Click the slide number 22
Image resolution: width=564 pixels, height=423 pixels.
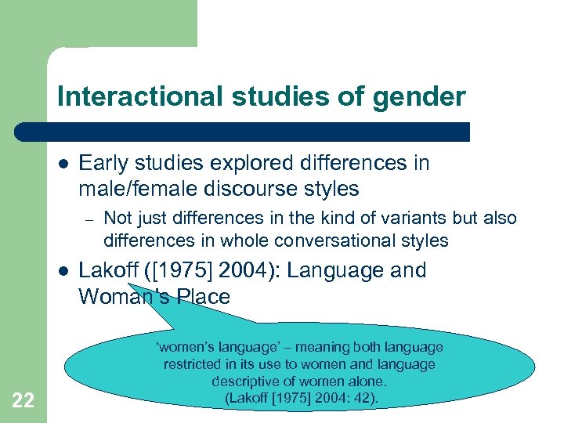(x=23, y=400)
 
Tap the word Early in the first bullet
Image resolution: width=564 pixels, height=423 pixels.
(x=101, y=163)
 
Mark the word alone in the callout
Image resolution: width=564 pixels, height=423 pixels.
(x=366, y=381)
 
